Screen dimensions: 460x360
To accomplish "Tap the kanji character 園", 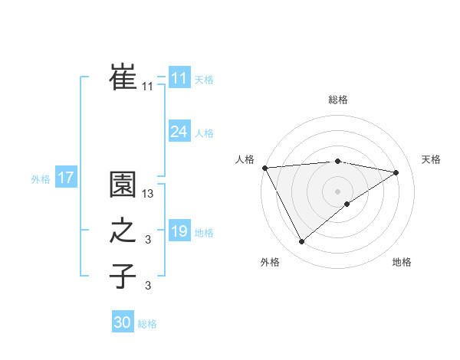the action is point(123,185).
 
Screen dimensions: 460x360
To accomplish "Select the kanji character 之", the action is point(123,231).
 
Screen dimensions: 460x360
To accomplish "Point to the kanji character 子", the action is point(123,276).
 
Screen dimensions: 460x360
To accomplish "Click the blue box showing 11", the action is point(179,78).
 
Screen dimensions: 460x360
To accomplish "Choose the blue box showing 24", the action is point(179,132).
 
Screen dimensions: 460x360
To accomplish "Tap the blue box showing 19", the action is point(179,231).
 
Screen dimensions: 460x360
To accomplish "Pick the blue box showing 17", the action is point(65,178).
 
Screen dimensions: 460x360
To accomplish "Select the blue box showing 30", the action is point(123,322).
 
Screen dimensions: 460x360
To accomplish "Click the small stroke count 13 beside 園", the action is point(148,195).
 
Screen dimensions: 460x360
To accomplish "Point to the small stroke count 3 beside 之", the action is point(148,241).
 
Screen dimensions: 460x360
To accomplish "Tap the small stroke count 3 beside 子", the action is point(148,286).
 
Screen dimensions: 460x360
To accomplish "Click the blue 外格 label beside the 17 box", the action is point(41,179).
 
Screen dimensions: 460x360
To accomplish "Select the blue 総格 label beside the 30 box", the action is point(147,324).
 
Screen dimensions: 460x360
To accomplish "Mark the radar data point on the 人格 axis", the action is point(264,167).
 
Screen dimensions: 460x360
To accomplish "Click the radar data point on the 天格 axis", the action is point(396,172).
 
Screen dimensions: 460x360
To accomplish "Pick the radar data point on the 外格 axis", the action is point(301,242).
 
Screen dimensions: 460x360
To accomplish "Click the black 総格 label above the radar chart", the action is point(338,100).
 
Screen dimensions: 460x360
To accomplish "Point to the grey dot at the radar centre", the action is point(337,190).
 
